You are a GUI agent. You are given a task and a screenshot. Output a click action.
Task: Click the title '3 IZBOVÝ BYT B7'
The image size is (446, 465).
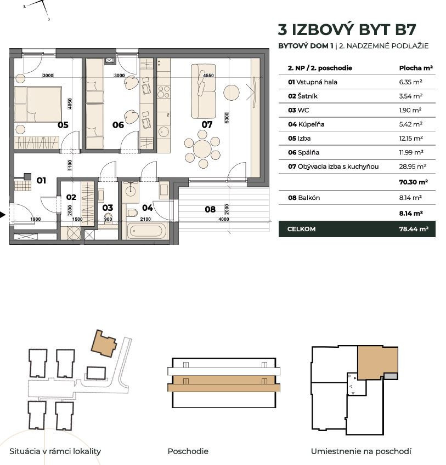347,29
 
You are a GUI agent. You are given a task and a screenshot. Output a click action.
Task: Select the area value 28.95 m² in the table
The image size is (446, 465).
413,167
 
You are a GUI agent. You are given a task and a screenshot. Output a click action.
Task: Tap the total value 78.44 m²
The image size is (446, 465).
413,229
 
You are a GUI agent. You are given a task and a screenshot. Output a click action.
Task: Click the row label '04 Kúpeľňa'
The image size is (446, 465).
306,124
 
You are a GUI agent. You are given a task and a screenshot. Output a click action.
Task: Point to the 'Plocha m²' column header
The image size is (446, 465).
415,68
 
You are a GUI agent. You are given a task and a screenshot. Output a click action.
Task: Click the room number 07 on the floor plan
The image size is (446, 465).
207,125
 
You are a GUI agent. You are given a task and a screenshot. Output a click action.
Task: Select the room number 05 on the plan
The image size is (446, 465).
63,125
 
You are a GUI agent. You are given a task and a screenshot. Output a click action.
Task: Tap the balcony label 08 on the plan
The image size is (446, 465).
210,209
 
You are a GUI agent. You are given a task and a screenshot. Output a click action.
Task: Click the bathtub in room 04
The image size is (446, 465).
146,231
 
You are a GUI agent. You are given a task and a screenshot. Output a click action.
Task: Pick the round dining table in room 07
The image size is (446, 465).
202,148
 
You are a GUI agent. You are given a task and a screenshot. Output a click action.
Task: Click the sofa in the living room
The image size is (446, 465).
203,91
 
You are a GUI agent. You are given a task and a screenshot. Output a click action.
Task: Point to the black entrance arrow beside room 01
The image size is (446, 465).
3,215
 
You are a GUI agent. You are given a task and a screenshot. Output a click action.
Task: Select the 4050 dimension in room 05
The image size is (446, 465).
70,105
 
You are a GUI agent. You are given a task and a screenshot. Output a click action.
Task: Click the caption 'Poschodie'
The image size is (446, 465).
188,451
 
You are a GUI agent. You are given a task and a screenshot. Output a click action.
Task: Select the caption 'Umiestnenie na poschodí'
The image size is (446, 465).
360,451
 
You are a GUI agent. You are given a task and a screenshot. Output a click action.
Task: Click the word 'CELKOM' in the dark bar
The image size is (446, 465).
302,229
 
